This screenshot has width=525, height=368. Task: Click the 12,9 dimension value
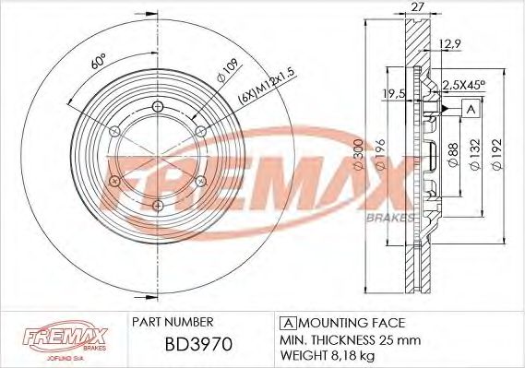(451, 45)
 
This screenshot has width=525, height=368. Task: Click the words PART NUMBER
(173, 322)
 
